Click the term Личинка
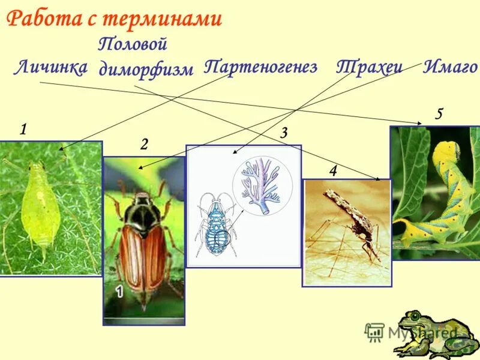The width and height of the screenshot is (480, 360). (x=50, y=68)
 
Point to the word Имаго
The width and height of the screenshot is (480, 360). (x=451, y=67)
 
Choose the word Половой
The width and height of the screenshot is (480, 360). (x=132, y=44)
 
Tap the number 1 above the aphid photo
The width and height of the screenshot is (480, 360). (x=23, y=129)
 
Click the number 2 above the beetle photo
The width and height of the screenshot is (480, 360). (x=144, y=144)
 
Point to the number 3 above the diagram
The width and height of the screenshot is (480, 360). (x=284, y=133)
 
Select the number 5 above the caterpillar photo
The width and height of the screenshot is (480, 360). (x=439, y=114)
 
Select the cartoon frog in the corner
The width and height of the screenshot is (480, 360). (x=423, y=333)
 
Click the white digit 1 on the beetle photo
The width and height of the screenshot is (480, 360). (x=119, y=293)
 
